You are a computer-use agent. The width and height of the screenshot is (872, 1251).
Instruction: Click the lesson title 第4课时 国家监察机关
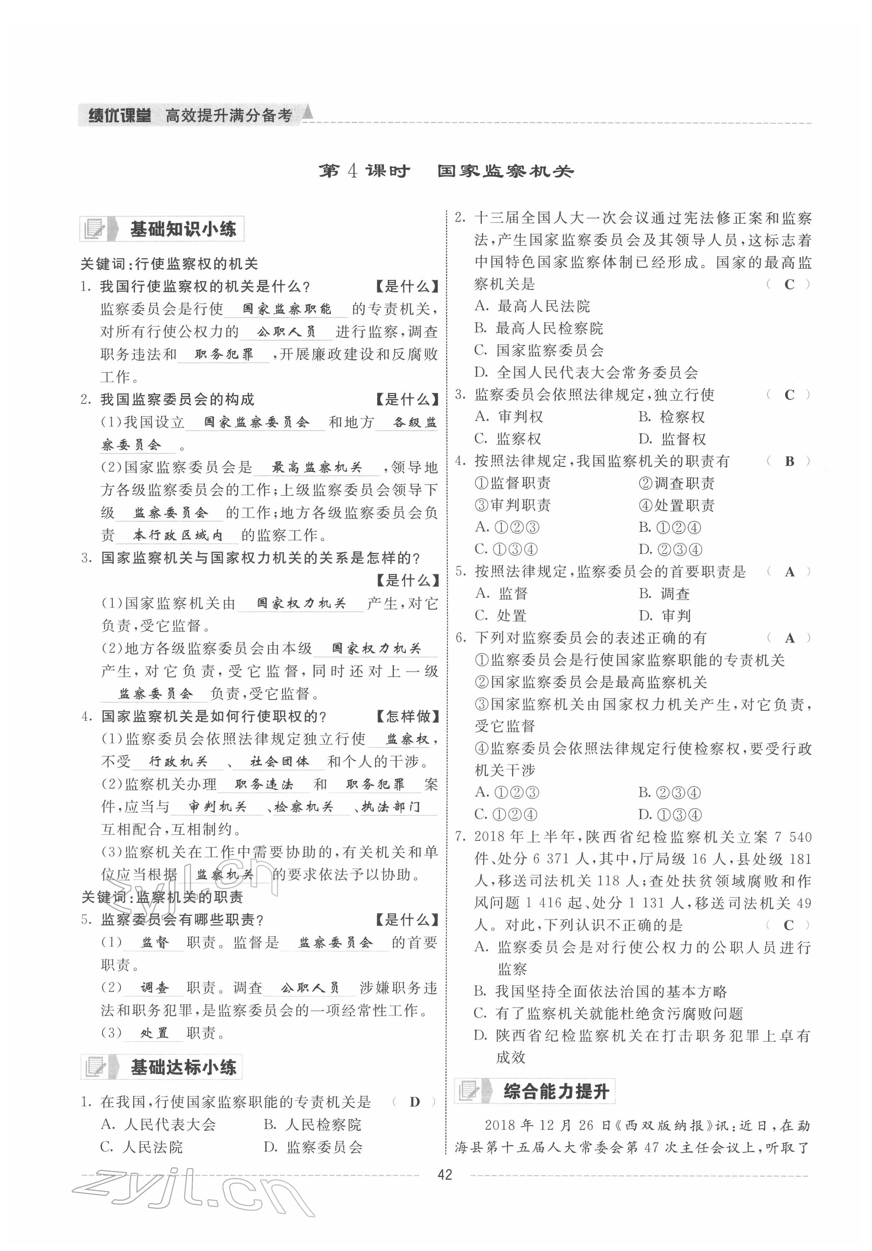[x=445, y=171]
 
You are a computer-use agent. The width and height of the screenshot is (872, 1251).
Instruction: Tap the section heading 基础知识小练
[x=182, y=229]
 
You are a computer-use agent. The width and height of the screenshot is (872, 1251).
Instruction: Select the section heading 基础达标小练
[x=182, y=1067]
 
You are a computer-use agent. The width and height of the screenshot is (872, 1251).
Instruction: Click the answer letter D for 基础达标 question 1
[x=414, y=1102]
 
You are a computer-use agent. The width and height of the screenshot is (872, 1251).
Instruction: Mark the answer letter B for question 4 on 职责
[x=789, y=461]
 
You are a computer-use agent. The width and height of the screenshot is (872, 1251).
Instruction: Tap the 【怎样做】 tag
[x=407, y=716]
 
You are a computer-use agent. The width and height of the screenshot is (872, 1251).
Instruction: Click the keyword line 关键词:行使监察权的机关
[x=169, y=264]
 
